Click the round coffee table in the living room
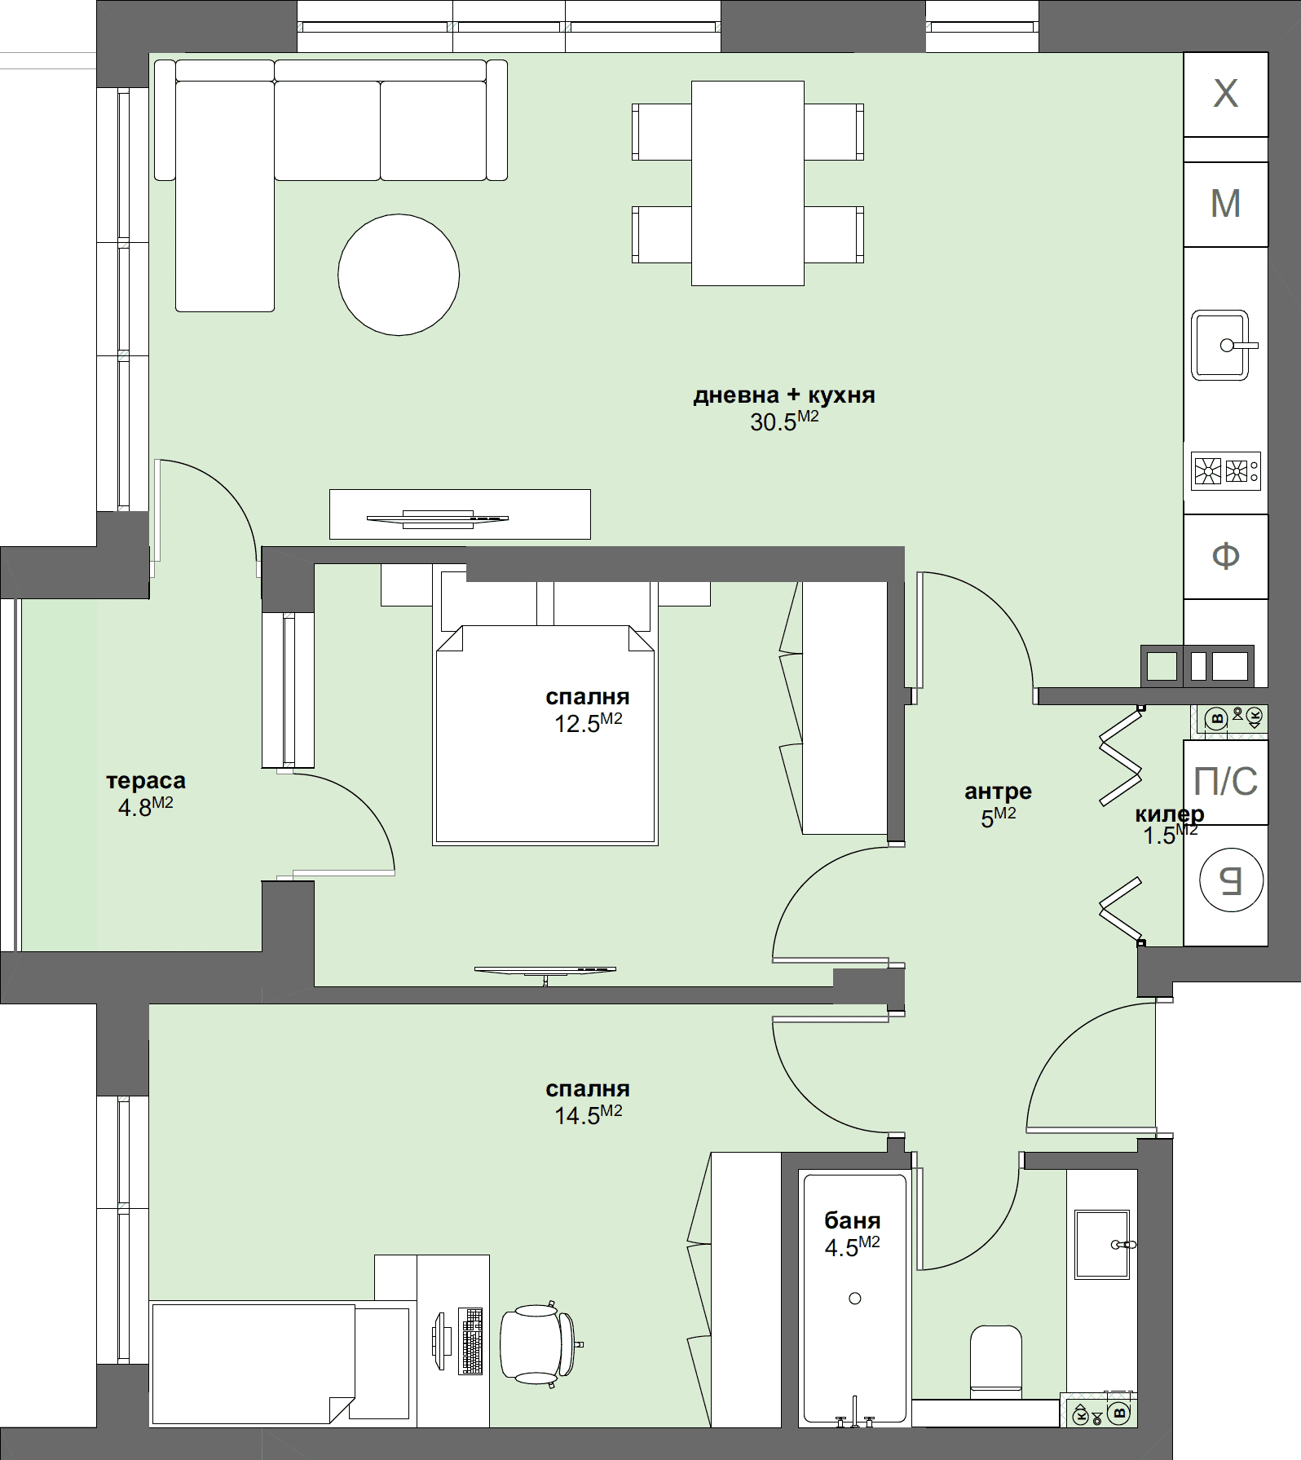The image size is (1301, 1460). [x=399, y=274]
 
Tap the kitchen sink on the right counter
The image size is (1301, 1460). [x=1220, y=345]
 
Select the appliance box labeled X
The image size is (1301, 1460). [x=1225, y=94]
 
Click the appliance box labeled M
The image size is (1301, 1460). [x=1225, y=204]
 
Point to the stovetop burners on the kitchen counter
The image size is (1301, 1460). [x=1225, y=471]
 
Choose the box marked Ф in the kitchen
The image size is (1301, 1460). [x=1225, y=556]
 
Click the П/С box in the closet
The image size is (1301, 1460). [x=1225, y=782]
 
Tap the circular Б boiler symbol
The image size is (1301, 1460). [x=1231, y=880]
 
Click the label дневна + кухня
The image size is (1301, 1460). [x=783, y=395]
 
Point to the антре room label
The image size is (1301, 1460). [x=998, y=791]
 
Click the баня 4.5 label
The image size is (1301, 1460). [x=852, y=1233]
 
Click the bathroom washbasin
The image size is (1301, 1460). [x=1102, y=1244]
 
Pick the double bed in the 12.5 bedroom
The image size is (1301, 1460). [x=545, y=734]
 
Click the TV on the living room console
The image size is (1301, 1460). [x=438, y=518]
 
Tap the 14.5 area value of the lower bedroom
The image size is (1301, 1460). [x=588, y=1114]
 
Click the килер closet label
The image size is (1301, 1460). [x=1169, y=814]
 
